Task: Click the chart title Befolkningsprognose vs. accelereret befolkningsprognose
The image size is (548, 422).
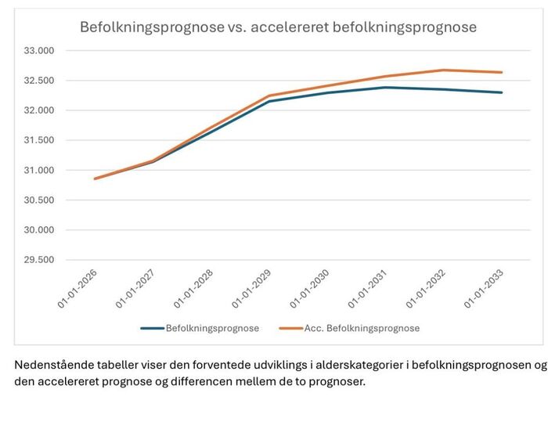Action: [278, 27]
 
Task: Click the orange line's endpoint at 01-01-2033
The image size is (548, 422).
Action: [502, 72]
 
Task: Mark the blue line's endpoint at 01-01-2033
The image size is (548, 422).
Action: [502, 92]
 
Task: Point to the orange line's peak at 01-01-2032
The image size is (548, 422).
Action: [444, 70]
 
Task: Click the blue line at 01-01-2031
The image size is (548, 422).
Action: [385, 88]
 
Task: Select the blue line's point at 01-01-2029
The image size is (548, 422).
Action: [269, 101]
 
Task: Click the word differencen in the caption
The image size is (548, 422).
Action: [236, 382]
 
